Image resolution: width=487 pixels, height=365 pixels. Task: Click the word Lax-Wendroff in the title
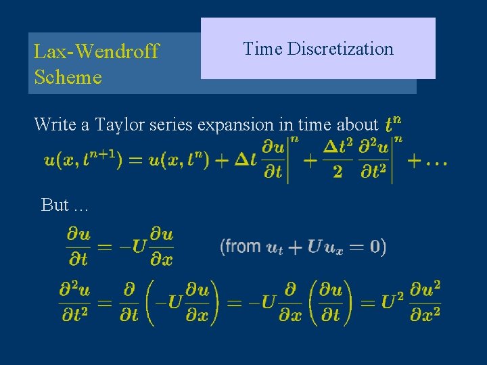pyautogui.click(x=96, y=51)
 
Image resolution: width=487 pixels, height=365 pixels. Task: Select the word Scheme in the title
pyautogui.click(x=68, y=77)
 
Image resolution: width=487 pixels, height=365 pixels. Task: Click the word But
pyautogui.click(x=55, y=205)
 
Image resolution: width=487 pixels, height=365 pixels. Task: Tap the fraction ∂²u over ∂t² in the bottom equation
pyautogui.click(x=75, y=301)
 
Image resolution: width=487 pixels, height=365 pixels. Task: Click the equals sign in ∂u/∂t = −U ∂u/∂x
pyautogui.click(x=106, y=247)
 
